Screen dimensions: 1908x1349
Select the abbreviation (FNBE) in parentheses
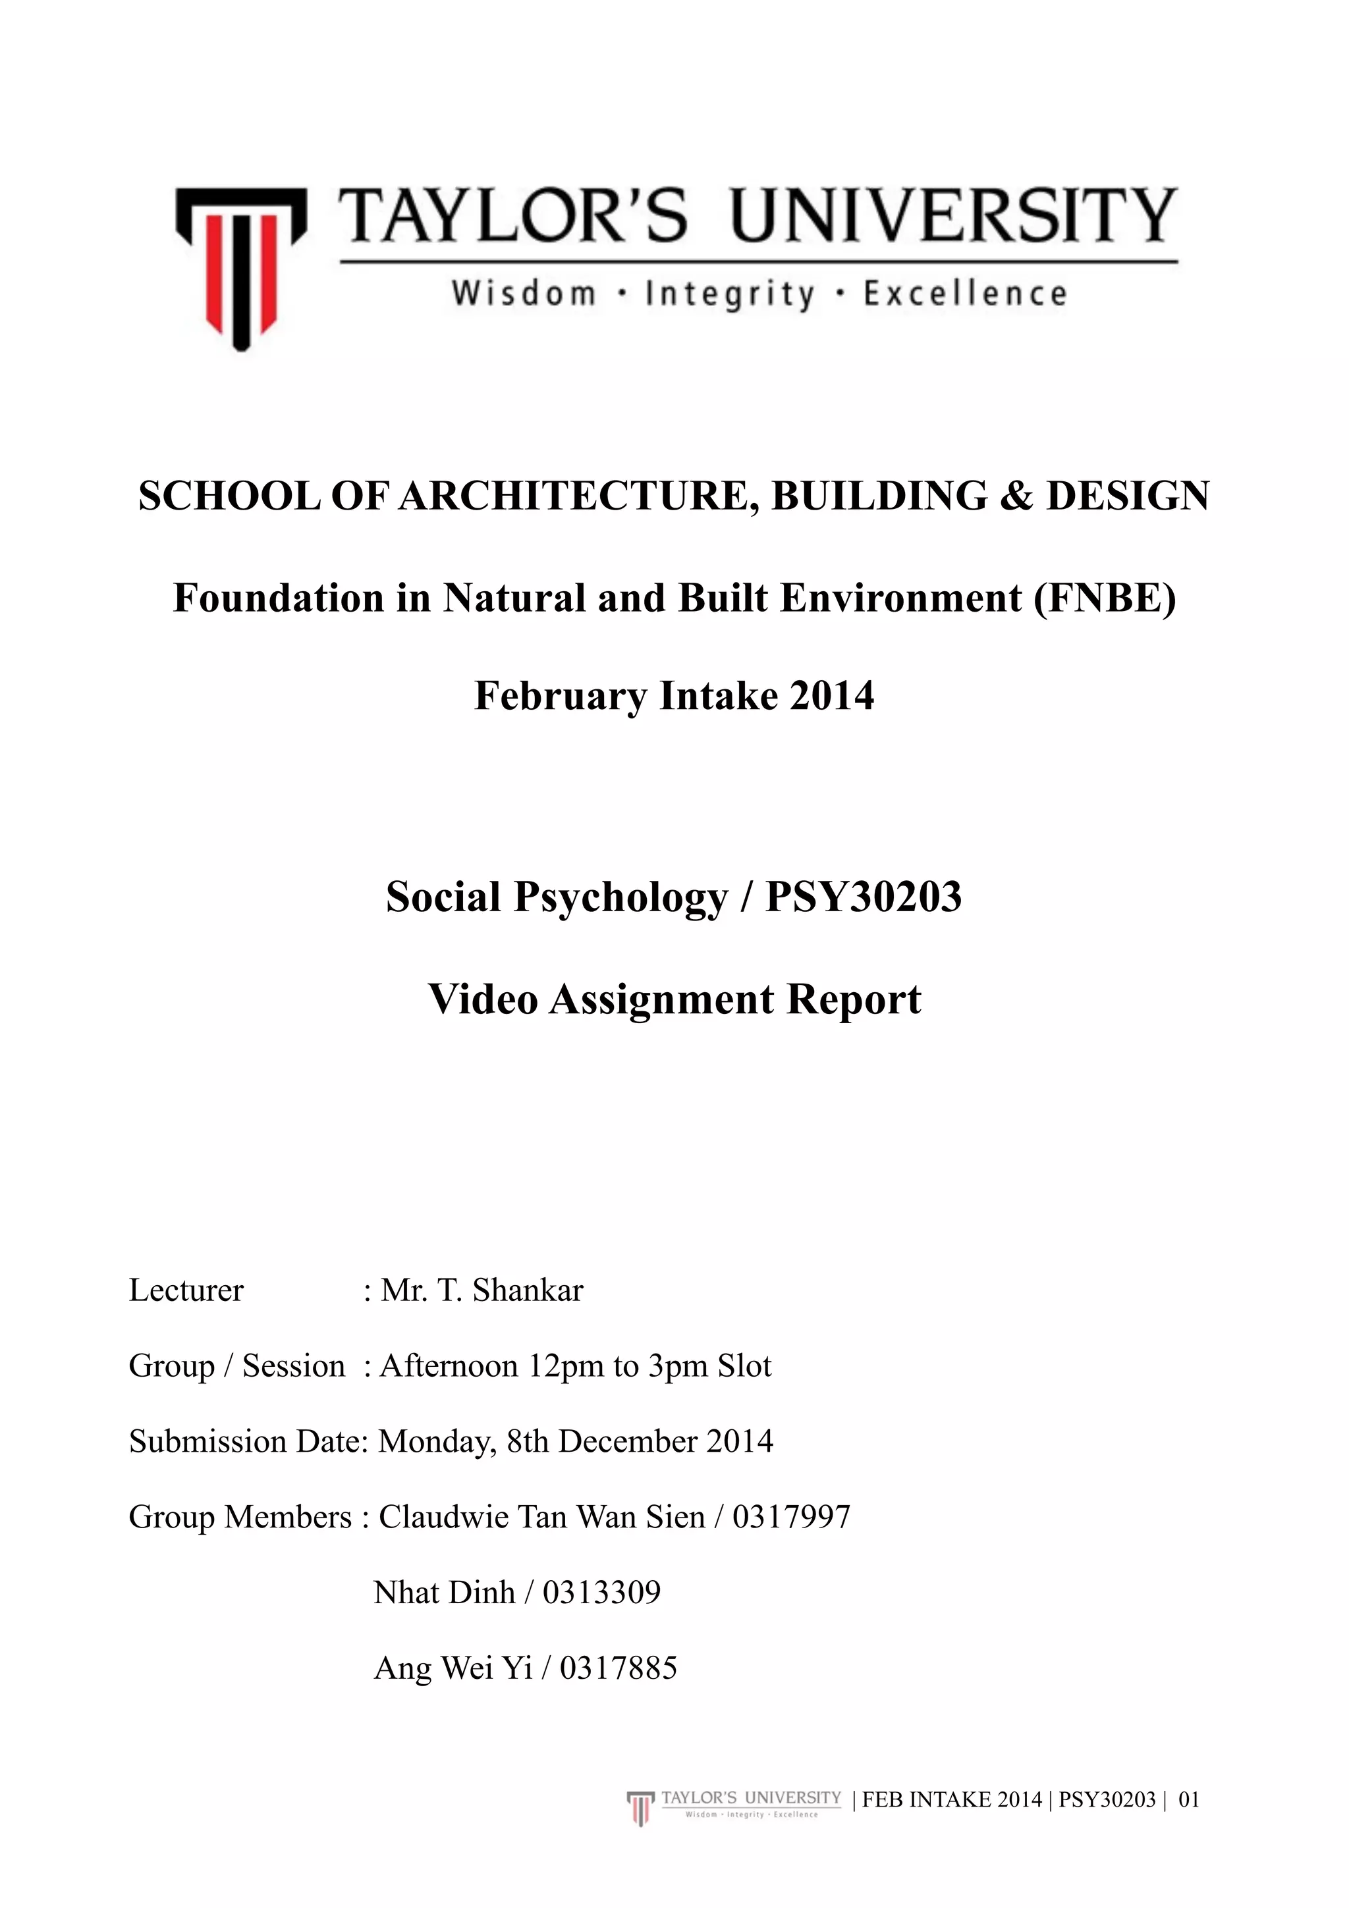1105,598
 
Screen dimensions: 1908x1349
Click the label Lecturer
186,1290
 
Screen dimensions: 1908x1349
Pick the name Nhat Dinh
445,1592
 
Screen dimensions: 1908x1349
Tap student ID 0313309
602,1592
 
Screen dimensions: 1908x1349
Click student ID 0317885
619,1667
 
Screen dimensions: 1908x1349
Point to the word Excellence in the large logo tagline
965,294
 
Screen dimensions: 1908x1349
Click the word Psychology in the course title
620,897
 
